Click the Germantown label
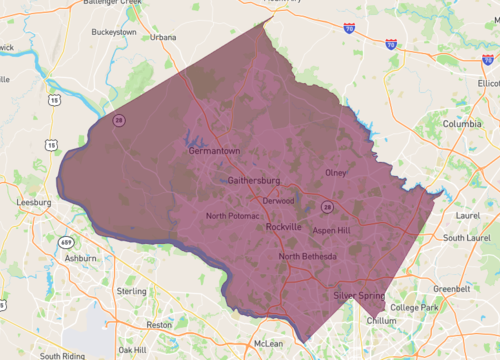click(x=215, y=151)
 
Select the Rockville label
click(x=284, y=227)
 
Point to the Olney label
click(x=336, y=172)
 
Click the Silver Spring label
click(x=360, y=296)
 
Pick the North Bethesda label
click(x=308, y=256)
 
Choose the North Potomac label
click(x=232, y=216)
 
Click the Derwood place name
click(x=278, y=200)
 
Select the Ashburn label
click(x=81, y=257)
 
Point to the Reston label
click(x=159, y=324)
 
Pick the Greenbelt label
click(x=451, y=288)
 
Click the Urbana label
click(x=163, y=37)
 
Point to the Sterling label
click(x=132, y=290)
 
